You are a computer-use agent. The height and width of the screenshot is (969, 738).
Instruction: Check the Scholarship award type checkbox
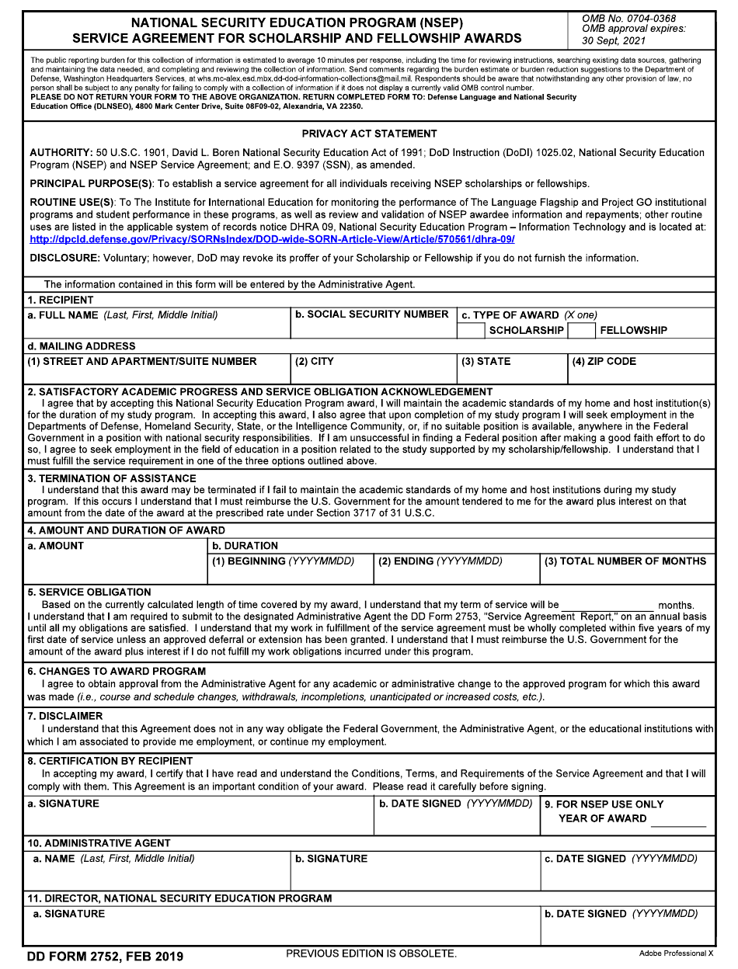pyautogui.click(x=471, y=330)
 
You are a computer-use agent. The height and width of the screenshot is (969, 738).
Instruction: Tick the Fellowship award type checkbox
pyautogui.click(x=581, y=330)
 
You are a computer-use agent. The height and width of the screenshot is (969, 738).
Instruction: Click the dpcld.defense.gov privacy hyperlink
pyautogui.click(x=272, y=239)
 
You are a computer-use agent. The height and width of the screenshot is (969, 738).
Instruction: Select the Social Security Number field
pyautogui.click(x=373, y=330)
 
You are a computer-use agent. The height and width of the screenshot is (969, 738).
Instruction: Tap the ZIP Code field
pyautogui.click(x=641, y=374)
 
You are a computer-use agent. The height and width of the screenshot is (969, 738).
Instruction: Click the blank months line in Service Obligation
pyautogui.click(x=607, y=606)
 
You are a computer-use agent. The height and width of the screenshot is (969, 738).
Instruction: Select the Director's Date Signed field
pyautogui.click(x=626, y=931)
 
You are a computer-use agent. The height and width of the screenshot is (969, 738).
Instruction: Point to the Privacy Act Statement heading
pyautogui.click(x=369, y=134)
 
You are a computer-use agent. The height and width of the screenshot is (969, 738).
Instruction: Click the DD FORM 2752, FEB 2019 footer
pyautogui.click(x=105, y=956)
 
